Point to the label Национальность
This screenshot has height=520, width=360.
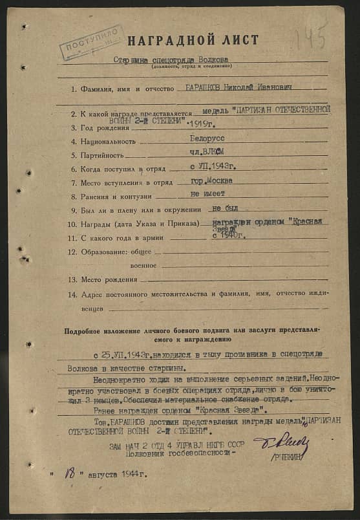[108, 141]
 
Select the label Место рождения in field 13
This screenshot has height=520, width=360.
[109, 280]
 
